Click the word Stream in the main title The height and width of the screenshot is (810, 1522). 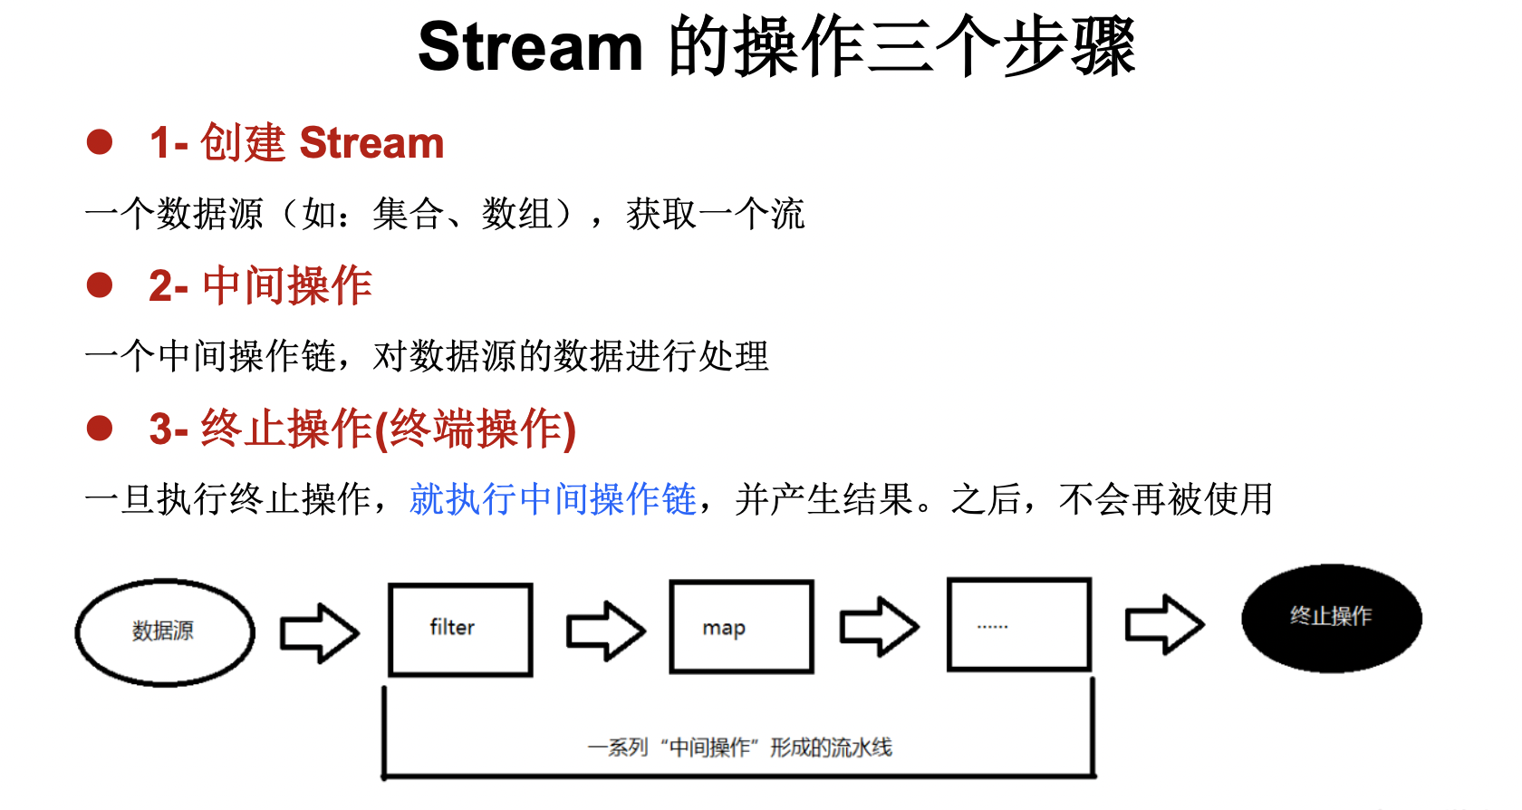point(530,47)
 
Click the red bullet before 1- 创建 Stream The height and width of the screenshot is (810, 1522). point(100,142)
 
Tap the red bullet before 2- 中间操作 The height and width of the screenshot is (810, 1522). point(100,285)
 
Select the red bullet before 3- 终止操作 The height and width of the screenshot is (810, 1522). point(100,428)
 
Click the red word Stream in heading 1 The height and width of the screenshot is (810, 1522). point(371,143)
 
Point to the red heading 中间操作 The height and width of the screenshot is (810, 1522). point(287,286)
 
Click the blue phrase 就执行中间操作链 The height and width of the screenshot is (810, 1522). point(553,499)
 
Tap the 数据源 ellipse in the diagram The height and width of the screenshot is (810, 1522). point(164,632)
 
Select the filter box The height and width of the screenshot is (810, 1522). point(460,630)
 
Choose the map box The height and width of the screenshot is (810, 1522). point(741,627)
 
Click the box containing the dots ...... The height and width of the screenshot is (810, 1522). point(1018,625)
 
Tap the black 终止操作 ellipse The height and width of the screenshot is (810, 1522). point(1331,618)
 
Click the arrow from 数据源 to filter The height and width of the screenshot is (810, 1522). point(319,632)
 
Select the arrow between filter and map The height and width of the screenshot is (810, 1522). point(605,631)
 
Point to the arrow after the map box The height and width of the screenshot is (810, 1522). point(879,626)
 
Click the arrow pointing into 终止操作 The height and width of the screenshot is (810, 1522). point(1164,624)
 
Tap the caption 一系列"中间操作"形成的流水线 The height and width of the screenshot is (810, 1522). point(739,747)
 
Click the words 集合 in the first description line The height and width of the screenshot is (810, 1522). point(408,215)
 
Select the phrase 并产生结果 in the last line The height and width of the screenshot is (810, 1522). point(824,499)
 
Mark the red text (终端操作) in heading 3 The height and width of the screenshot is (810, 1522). point(476,429)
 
